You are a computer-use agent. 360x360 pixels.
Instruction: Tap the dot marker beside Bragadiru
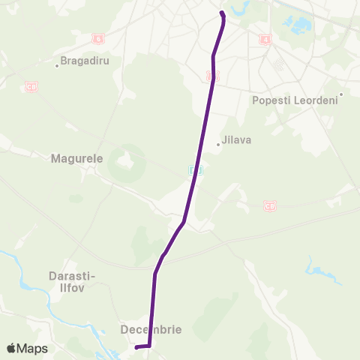click(58, 65)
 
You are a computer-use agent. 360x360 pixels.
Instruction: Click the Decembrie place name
click(151, 329)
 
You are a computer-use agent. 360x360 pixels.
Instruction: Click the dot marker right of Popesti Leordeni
click(340, 94)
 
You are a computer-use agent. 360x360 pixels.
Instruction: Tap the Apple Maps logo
click(27, 349)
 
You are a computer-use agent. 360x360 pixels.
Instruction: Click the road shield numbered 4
click(265, 38)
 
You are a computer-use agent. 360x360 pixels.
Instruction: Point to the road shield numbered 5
click(212, 75)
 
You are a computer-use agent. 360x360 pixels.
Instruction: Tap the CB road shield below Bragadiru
click(31, 87)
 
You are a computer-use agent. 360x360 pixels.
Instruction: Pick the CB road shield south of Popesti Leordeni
click(270, 205)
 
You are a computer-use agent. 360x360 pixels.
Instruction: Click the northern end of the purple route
click(222, 13)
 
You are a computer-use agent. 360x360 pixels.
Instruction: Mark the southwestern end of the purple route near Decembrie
click(136, 347)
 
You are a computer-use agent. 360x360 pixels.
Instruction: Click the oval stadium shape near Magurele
click(123, 163)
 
